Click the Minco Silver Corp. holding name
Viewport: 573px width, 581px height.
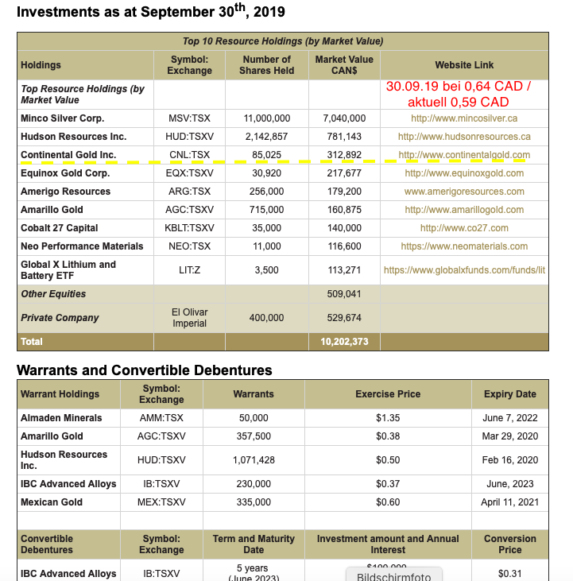pyautogui.click(x=62, y=118)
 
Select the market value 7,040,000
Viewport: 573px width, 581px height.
pyautogui.click(x=344, y=118)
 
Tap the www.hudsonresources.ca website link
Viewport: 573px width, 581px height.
pyautogui.click(x=464, y=137)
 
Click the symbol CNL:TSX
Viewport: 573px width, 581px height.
pyautogui.click(x=189, y=155)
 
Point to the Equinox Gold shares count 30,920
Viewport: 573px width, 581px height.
pyautogui.click(x=266, y=173)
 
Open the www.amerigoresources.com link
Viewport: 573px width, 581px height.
pyautogui.click(x=464, y=192)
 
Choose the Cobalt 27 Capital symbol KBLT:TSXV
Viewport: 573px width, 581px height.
pyautogui.click(x=189, y=228)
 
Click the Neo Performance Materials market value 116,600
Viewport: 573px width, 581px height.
pyautogui.click(x=344, y=246)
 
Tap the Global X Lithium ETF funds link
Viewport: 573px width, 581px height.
pyautogui.click(x=464, y=270)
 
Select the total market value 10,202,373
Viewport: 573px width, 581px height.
pyautogui.click(x=344, y=342)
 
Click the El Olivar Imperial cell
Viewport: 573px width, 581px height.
pyautogui.click(x=189, y=318)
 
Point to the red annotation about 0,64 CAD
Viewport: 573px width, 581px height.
pyautogui.click(x=458, y=94)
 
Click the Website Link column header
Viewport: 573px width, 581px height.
pyautogui.click(x=464, y=65)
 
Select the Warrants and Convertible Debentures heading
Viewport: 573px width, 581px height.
pyautogui.click(x=144, y=370)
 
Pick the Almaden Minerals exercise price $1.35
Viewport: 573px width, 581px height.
pyautogui.click(x=388, y=418)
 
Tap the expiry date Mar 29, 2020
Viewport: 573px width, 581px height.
pyautogui.click(x=509, y=436)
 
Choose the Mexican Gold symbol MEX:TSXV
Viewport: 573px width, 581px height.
pyautogui.click(x=161, y=502)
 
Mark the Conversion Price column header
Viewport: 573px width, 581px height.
pyautogui.click(x=509, y=544)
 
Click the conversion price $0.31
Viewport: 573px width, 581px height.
pyautogui.click(x=509, y=574)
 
